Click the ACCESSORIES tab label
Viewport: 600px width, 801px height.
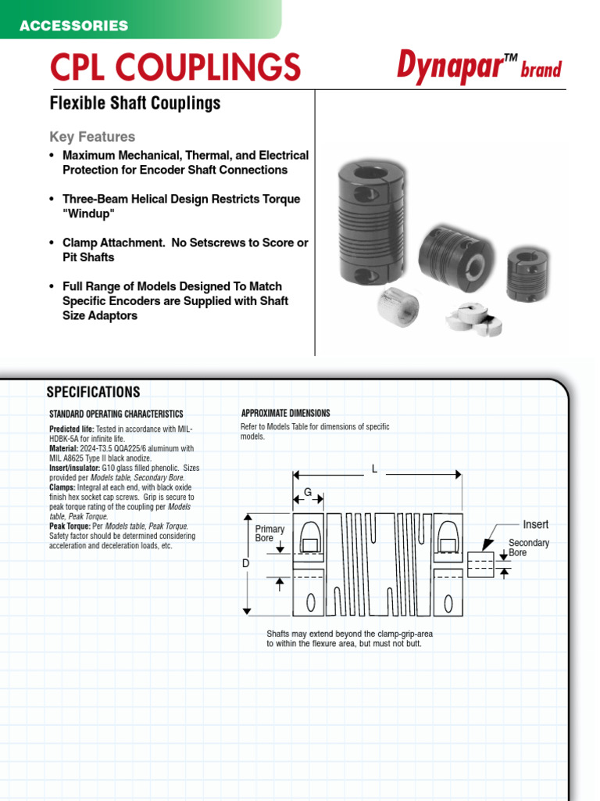73,26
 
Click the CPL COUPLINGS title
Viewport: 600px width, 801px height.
175,67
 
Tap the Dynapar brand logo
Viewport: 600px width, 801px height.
478,67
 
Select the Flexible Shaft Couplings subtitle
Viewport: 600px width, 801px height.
135,103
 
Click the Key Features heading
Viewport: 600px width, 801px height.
92,137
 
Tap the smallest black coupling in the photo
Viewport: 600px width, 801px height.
527,274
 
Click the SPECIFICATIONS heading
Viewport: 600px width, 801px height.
93,393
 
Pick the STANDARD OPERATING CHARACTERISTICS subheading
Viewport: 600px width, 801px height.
116,414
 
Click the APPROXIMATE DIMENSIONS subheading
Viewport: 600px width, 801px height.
285,413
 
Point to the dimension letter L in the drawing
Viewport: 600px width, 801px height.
375,469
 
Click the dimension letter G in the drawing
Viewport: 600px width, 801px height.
308,491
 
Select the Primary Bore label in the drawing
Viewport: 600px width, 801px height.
270,534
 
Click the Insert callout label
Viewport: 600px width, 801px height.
535,525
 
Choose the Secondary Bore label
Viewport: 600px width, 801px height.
529,548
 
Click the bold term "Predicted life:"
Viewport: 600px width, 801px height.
71,429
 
